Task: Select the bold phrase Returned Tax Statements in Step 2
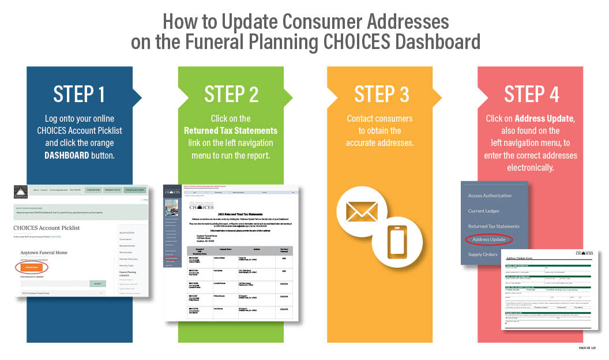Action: (x=231, y=130)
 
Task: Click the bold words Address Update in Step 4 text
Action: (x=544, y=118)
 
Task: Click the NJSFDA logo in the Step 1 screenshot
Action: (x=21, y=191)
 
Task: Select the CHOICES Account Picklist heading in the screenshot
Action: (x=46, y=228)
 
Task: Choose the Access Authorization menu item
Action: (x=490, y=195)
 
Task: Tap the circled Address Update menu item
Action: (x=488, y=239)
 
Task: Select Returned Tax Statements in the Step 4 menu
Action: (x=493, y=226)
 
